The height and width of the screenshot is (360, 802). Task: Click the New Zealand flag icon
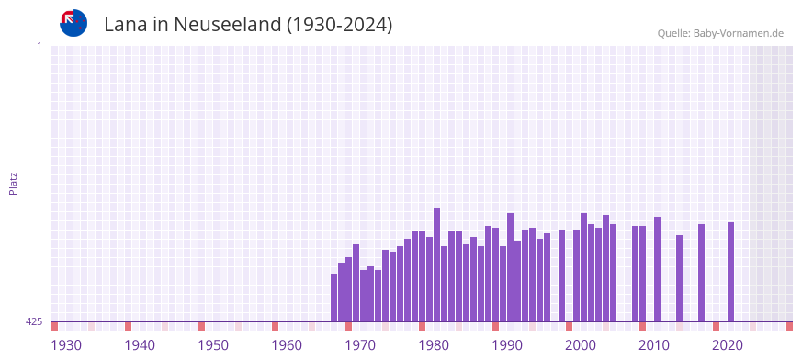tap(73, 23)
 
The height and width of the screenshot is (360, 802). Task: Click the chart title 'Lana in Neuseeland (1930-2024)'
tap(248, 25)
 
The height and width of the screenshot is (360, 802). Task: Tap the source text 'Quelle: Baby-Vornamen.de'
tap(720, 33)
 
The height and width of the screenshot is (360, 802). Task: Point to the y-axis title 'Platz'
tap(13, 183)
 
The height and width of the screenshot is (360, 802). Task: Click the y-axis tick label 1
tap(39, 46)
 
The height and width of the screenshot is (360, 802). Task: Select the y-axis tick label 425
tap(34, 321)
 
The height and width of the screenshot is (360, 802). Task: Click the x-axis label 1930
tap(66, 345)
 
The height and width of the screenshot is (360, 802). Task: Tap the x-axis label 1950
tap(213, 345)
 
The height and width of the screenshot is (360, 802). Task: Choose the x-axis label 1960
tap(287, 345)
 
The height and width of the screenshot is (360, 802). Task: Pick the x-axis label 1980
tap(434, 345)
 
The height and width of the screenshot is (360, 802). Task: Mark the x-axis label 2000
tap(581, 345)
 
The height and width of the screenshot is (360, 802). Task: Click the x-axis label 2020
tap(728, 345)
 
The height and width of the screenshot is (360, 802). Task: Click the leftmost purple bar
tap(334, 298)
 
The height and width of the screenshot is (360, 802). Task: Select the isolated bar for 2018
tap(702, 273)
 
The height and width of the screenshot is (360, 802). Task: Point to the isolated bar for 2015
tap(680, 278)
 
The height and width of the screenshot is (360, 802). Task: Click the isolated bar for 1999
tap(562, 276)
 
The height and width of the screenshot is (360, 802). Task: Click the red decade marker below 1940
tap(129, 326)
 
